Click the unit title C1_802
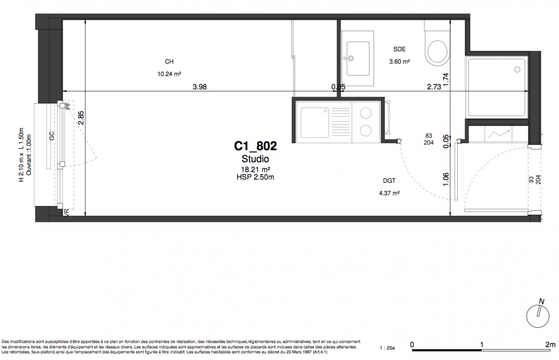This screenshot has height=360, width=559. coord(255,146)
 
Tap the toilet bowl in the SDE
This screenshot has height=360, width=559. coord(437,51)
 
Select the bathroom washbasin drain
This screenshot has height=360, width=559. coord(351,58)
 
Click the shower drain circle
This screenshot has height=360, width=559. coord(517,70)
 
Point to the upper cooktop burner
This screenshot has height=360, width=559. coord(366,113)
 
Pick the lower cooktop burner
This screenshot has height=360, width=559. coord(366,130)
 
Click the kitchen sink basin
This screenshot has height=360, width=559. coord(315,123)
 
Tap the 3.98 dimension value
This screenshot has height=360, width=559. coord(200,87)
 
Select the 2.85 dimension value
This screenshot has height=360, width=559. coord(81,118)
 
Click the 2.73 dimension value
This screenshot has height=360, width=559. coord(434,87)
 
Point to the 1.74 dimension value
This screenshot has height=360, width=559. coord(446,80)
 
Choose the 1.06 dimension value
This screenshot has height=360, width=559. coord(446,179)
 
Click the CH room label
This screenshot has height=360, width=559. coord(169,62)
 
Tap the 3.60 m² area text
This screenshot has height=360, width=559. coord(400,61)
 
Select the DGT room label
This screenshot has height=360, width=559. coord(389,180)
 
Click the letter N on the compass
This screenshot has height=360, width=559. coord(541,301)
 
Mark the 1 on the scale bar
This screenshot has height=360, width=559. coord(482,345)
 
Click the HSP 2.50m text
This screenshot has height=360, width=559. coord(255,177)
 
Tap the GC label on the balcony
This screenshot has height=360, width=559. coord(52,136)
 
